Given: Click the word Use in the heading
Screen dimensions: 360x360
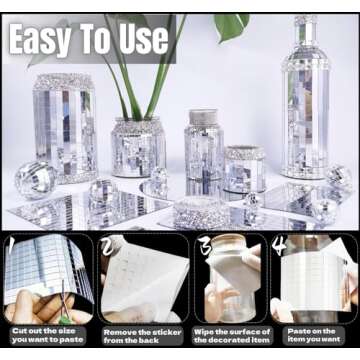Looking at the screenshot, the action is [144, 39].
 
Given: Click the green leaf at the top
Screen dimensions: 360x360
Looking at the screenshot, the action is [232, 26].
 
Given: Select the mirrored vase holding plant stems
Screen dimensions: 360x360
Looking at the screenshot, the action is [138, 147].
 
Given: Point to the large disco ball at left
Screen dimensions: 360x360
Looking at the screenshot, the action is [35, 180].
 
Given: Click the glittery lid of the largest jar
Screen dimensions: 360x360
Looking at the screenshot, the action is [63, 82].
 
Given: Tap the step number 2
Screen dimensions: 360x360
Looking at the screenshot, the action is [109, 246].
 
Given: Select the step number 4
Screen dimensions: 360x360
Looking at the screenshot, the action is [278, 245].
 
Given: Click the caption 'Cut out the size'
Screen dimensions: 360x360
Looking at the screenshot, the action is [44, 331].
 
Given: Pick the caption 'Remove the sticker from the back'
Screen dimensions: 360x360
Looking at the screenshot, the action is [143, 336].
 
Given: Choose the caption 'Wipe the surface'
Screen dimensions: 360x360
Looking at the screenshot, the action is [232, 332].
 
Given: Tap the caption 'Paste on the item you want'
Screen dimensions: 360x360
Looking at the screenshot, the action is [314, 335].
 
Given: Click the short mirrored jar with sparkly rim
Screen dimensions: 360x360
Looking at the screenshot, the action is [245, 169].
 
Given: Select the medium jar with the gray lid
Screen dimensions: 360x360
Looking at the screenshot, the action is [204, 145].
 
